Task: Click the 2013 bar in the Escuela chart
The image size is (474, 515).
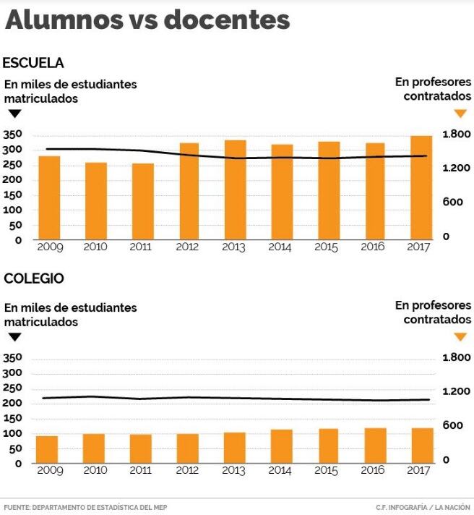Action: tap(235, 190)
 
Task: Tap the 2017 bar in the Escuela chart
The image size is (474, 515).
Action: tap(421, 187)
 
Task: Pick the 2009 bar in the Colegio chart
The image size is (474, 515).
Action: tap(48, 449)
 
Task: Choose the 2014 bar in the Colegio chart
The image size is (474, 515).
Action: tap(281, 446)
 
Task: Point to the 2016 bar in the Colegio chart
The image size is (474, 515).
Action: tap(375, 446)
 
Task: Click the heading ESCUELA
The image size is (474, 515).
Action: tap(33, 63)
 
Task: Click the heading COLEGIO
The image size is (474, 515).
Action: tap(34, 278)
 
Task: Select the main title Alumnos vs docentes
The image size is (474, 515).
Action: tap(147, 20)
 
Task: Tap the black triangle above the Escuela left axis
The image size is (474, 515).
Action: tap(14, 114)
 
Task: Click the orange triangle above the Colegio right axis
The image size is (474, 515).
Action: tap(460, 336)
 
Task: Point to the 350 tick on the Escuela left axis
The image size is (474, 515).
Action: tap(12, 135)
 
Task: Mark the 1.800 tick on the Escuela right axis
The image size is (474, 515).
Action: tap(457, 135)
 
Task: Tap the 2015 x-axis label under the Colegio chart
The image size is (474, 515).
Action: tap(327, 470)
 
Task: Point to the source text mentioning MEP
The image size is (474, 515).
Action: tap(85, 507)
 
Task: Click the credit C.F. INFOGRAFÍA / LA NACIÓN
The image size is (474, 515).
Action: tap(423, 507)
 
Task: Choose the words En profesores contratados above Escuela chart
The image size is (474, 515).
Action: tap(433, 89)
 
